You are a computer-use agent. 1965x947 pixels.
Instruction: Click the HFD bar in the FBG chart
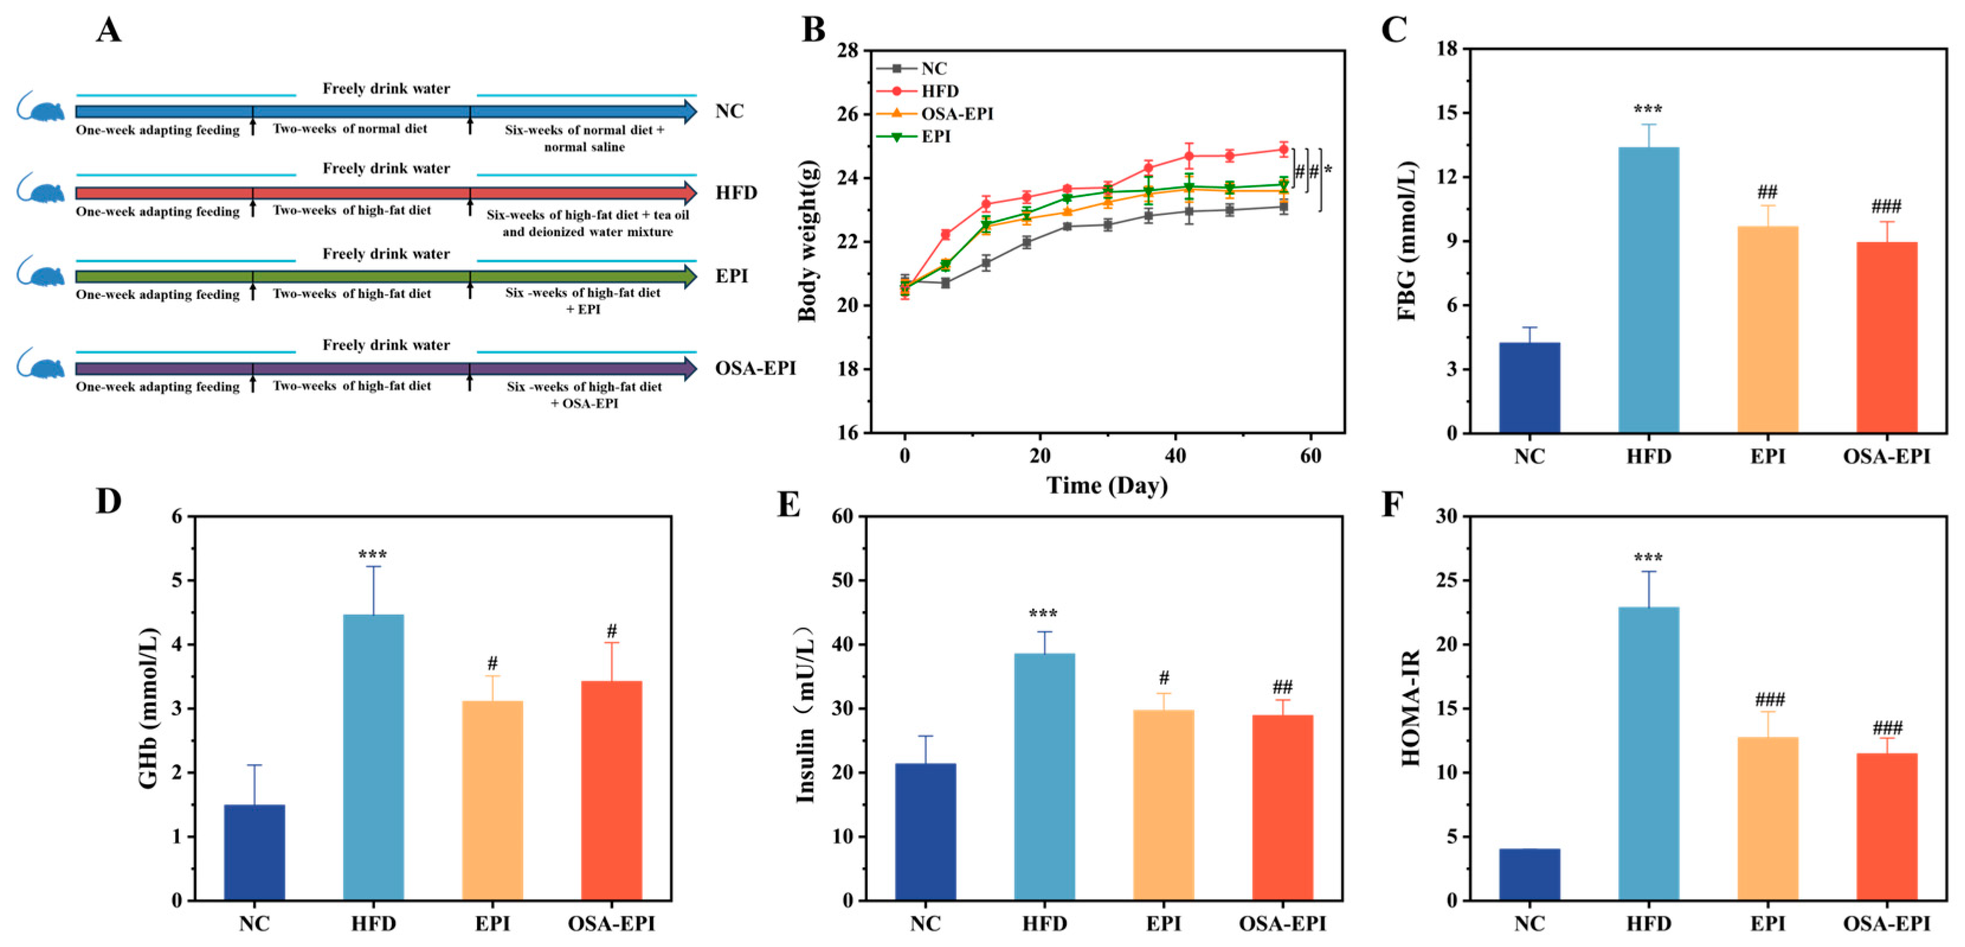pos(1648,290)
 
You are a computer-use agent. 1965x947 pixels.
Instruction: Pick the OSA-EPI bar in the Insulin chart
pos(1283,807)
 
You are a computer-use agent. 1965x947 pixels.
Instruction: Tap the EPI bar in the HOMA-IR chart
pos(1767,819)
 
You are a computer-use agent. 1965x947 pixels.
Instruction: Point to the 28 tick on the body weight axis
pos(848,50)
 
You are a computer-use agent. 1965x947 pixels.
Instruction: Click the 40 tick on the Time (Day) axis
pos(1175,457)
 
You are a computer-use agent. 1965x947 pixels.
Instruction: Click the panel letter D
pos(108,502)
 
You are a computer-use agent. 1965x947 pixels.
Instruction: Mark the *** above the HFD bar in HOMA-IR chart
pos(1648,558)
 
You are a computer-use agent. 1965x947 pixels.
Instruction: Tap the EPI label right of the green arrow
pos(732,275)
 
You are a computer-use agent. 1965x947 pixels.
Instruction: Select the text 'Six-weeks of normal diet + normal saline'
pos(584,138)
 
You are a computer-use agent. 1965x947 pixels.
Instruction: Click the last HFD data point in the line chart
pos(1284,150)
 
